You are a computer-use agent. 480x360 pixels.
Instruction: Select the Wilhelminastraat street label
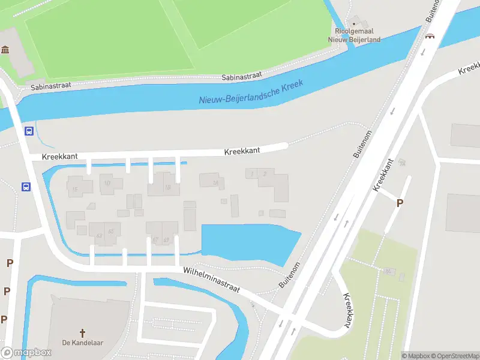212,281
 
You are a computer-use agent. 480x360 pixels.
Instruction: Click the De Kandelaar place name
83,343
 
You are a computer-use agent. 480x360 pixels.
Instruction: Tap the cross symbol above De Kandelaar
83,332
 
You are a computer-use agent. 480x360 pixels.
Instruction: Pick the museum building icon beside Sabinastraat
6,49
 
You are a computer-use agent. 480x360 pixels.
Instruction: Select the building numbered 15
75,190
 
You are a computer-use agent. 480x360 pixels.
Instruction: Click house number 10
107,183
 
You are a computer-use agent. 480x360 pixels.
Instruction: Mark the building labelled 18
167,187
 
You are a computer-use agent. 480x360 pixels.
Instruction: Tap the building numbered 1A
215,182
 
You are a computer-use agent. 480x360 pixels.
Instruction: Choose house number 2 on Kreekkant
265,174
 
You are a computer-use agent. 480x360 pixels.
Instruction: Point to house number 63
99,235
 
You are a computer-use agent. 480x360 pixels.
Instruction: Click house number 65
110,231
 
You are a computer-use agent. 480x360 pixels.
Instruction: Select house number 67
155,240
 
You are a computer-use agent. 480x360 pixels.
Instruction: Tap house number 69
166,240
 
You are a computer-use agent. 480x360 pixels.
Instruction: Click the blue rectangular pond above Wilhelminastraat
246,243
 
